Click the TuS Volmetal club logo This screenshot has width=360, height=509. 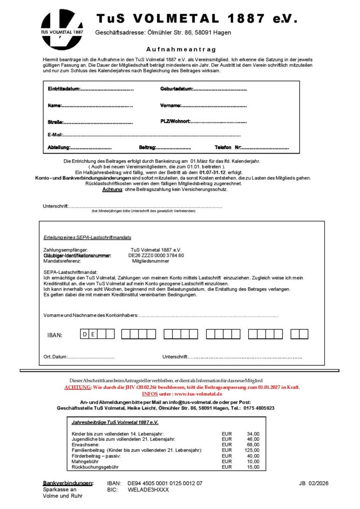coord(62,29)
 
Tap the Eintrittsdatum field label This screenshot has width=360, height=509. coord(64,89)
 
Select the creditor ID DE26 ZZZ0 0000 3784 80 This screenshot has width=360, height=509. coord(156,255)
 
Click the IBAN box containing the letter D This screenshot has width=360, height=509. coord(86,334)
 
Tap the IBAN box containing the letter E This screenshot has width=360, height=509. coord(93,334)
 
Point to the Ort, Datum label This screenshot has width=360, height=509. coord(55,357)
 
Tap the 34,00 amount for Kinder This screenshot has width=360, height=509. coord(253,434)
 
